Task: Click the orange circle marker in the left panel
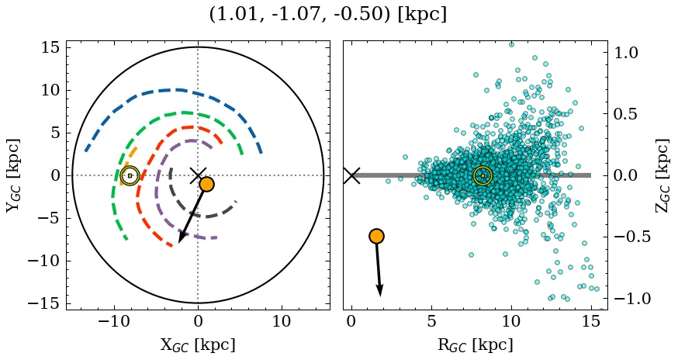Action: pos(206,184)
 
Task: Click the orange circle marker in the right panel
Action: pos(376,236)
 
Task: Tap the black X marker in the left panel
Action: pos(198,175)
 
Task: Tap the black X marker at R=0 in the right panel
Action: pos(351,175)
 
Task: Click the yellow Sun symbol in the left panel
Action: pos(130,175)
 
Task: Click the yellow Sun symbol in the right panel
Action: pos(483,175)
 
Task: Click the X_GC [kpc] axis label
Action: pos(198,344)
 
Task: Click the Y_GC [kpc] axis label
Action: pos(13,175)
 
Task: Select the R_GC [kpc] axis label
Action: pos(475,344)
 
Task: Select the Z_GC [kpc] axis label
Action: pos(662,175)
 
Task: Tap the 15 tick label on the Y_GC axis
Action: pos(50,47)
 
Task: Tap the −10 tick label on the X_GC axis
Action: pos(114,322)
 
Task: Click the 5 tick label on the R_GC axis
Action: pos(431,322)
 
